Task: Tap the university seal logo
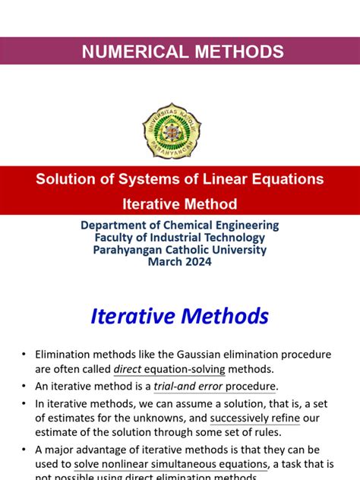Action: [172, 131]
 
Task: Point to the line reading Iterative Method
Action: [180, 204]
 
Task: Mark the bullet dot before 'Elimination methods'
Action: [24, 355]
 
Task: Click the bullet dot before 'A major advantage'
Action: [24, 450]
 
